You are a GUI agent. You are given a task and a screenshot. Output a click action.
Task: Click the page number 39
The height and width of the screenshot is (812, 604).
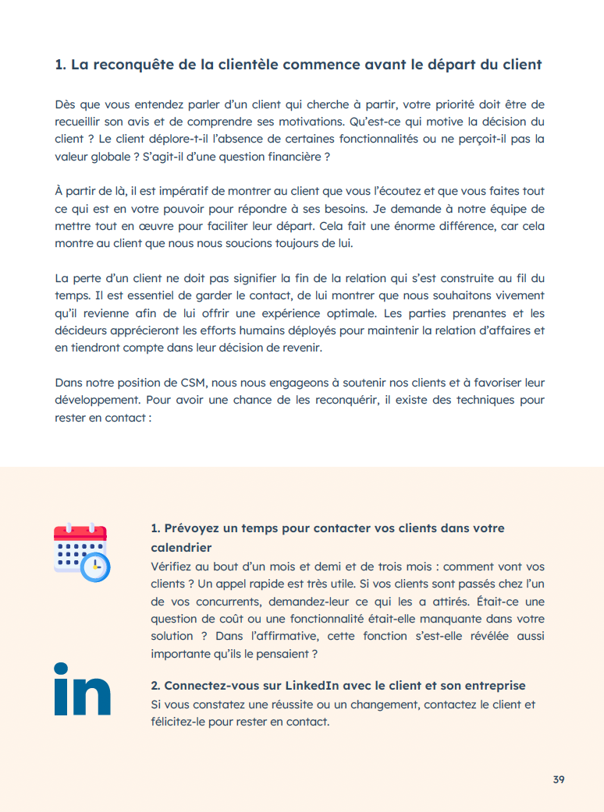(x=558, y=779)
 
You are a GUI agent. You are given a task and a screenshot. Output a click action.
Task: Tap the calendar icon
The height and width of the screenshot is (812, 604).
(x=81, y=552)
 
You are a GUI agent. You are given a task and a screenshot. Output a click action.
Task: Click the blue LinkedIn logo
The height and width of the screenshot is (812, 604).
(x=82, y=689)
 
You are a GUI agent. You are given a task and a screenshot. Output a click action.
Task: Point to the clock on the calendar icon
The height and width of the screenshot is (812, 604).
(x=97, y=567)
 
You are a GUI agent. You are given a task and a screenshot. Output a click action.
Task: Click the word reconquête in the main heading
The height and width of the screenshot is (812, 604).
(x=127, y=65)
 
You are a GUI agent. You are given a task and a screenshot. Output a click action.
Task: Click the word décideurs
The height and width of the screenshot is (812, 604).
(x=82, y=330)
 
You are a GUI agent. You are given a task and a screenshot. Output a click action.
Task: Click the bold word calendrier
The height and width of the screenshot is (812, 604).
(x=181, y=548)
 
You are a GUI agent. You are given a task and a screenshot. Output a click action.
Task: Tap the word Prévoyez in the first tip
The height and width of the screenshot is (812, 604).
(x=194, y=528)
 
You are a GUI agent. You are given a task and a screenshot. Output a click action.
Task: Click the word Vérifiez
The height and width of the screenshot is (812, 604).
(x=173, y=567)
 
